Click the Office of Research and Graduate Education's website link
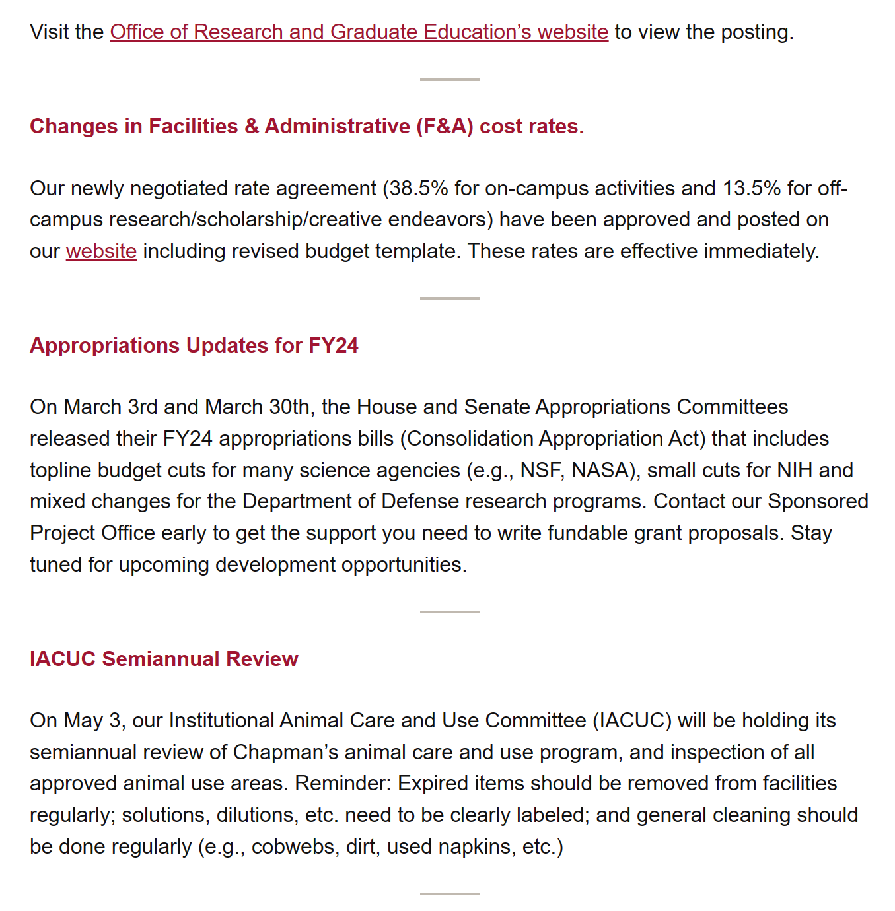coord(359,32)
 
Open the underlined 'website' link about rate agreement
coord(101,252)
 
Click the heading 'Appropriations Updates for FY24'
coord(194,345)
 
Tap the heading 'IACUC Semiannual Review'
coord(164,659)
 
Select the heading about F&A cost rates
coord(307,126)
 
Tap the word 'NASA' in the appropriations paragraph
coord(599,470)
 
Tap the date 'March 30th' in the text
coord(258,407)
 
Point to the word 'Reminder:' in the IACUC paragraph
coord(343,784)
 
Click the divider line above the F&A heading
coord(449,79)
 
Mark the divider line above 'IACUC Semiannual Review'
coord(449,612)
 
